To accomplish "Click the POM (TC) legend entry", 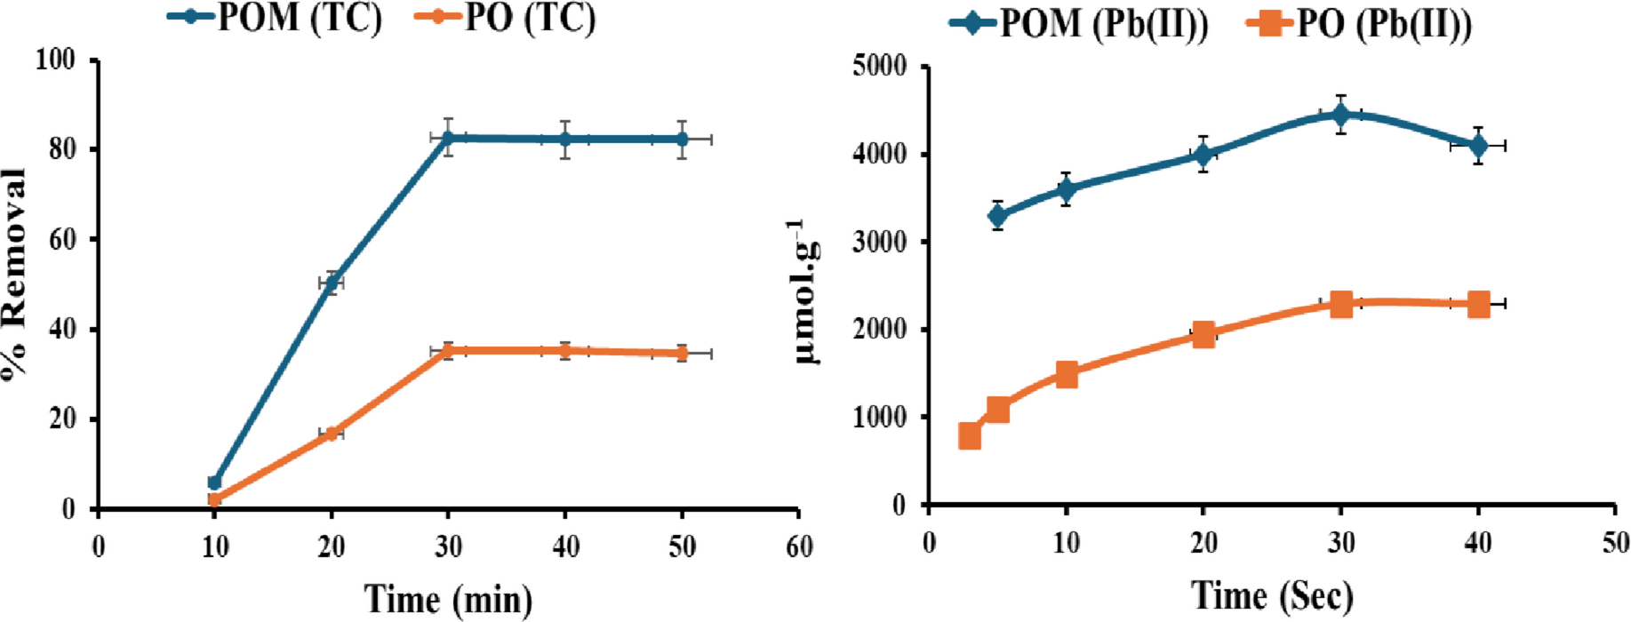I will click(276, 18).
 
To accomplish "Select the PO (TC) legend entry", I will click(508, 18).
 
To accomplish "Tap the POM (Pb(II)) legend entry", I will click(1080, 23).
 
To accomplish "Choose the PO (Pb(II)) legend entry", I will click(1360, 23).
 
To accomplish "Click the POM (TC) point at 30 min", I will click(448, 138).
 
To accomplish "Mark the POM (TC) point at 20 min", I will click(331, 283).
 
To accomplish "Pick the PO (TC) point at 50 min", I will click(682, 353).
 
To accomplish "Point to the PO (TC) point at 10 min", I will click(214, 499).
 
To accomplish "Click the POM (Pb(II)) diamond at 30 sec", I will click(1340, 114).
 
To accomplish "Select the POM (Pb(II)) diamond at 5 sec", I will click(997, 215).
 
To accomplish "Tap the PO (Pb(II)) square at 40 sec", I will click(1477, 304).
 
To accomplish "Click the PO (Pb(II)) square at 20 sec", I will click(1203, 335).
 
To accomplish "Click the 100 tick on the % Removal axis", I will click(55, 60).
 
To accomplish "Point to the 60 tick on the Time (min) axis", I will click(799, 546).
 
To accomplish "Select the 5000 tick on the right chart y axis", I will click(879, 67).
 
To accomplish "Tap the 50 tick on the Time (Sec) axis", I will click(1615, 542).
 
